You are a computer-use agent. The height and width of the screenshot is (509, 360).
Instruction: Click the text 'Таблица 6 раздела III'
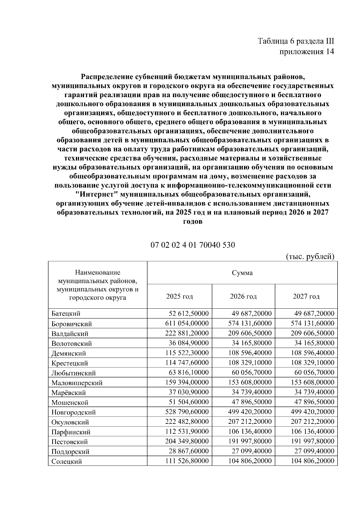point(296,41)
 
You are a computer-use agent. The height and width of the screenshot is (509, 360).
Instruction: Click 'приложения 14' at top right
point(307,52)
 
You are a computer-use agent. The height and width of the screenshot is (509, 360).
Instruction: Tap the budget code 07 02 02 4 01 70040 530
point(193,245)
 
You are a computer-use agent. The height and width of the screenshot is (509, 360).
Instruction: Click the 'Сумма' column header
point(242,273)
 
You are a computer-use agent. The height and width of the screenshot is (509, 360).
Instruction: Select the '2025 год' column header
point(179,297)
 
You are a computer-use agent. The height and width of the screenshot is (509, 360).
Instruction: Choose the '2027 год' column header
point(306,297)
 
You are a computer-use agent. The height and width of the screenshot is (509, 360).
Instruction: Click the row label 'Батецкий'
point(66,314)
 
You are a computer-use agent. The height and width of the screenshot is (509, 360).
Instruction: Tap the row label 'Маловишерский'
point(77,383)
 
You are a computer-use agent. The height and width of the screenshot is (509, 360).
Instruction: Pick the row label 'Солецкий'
point(67,462)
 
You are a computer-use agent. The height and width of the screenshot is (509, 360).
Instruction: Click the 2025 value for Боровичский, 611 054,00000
point(187,323)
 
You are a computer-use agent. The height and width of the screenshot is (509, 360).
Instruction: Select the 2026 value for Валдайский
point(250,333)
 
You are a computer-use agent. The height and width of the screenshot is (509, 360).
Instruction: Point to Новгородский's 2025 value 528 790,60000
point(187,412)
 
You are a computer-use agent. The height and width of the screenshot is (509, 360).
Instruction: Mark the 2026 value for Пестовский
point(250,441)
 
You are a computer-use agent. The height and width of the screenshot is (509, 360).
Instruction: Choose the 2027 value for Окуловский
point(313,422)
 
